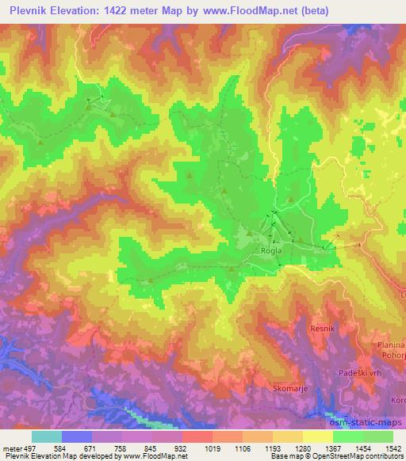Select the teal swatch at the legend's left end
(47, 436)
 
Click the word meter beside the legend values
(12, 447)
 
